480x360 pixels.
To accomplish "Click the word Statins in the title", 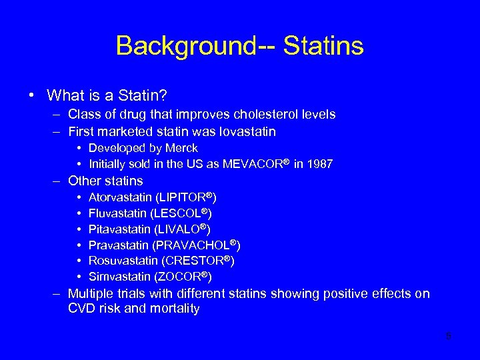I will [x=323, y=46].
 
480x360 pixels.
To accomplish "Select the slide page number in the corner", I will [x=448, y=336].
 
